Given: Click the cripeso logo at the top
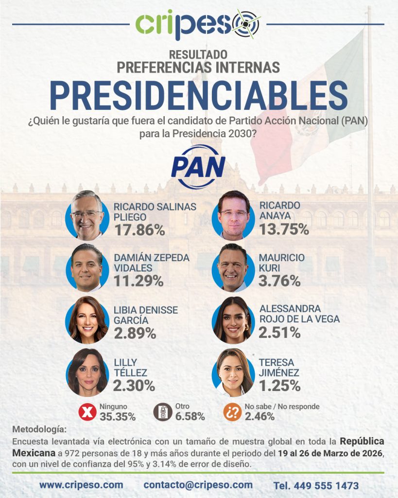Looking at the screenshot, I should point(198,24).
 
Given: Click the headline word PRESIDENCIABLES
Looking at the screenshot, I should point(198,95).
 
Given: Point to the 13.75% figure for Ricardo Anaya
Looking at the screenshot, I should point(284,228).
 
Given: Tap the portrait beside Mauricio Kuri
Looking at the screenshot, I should point(234,268).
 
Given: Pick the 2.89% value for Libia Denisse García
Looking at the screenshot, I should point(135,334).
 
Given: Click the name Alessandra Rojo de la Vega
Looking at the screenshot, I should point(299,314).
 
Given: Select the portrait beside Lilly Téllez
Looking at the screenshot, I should point(87,372).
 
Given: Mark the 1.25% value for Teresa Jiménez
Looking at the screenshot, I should point(279,386).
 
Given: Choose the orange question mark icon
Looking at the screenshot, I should point(233,412).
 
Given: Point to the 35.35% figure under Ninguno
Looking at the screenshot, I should point(118,416).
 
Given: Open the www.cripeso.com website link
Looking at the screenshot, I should point(81,485).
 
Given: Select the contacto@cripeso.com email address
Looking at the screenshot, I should point(198,485).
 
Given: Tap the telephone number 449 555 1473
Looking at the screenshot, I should point(316,485).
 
